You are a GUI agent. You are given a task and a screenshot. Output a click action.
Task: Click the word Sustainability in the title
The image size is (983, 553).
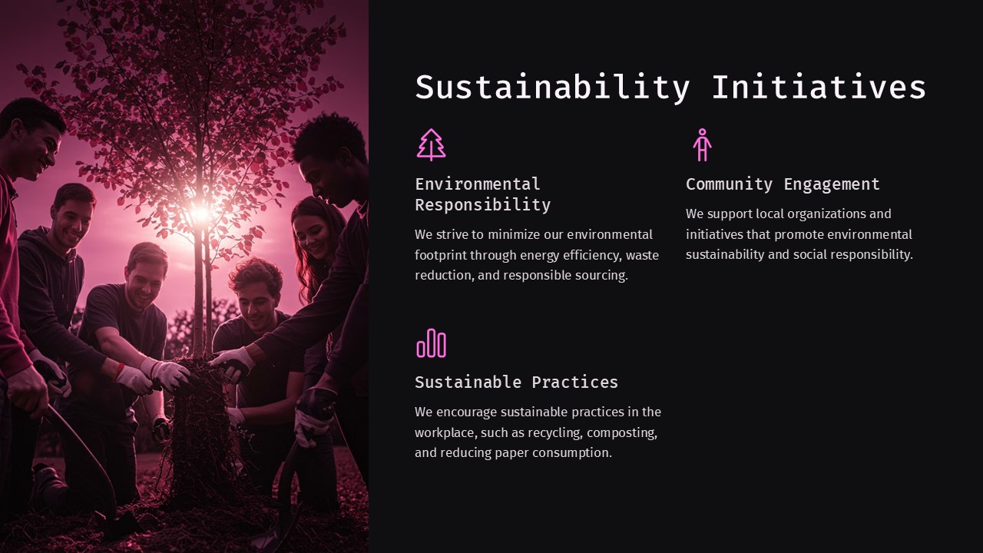click(x=552, y=88)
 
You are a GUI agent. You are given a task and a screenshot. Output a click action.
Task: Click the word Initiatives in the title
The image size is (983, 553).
click(x=819, y=88)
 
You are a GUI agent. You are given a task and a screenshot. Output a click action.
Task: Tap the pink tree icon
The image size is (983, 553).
click(x=432, y=144)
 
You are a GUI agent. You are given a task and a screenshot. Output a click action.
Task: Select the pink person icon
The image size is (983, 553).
click(x=701, y=144)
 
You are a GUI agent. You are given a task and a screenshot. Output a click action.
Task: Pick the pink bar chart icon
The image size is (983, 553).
click(x=432, y=343)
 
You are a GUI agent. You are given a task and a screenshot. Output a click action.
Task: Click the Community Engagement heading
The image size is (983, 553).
click(x=783, y=184)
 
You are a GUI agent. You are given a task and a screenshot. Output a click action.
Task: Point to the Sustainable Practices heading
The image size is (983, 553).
click(x=516, y=382)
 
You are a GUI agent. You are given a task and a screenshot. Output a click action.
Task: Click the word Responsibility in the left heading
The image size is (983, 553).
click(x=482, y=205)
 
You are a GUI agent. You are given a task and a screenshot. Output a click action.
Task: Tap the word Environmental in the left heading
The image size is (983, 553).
click(x=478, y=184)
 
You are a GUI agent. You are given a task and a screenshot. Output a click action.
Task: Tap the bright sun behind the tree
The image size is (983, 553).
click(x=201, y=214)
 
